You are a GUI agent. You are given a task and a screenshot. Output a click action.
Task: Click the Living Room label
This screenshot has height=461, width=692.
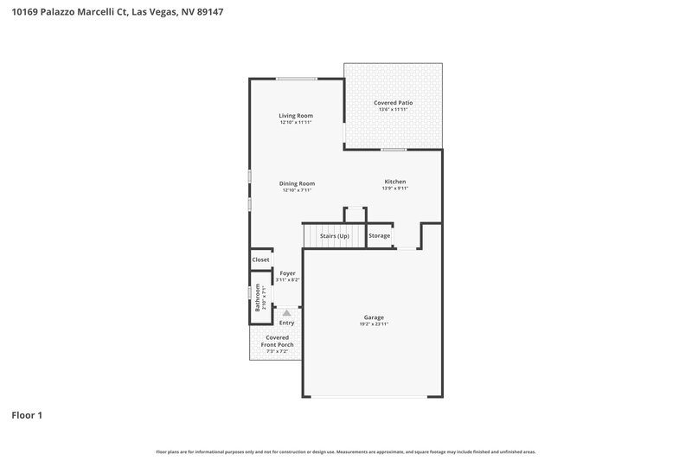pyautogui.click(x=296, y=116)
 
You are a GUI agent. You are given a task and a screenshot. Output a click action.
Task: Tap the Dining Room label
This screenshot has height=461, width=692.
pyautogui.click(x=297, y=183)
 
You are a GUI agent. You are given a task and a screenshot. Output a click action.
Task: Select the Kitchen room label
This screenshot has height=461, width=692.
pyautogui.click(x=395, y=182)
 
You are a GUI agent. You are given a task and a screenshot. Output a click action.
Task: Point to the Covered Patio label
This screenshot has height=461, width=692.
pyautogui.click(x=393, y=103)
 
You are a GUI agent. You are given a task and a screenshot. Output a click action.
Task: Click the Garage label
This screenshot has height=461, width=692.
pyautogui.click(x=374, y=317)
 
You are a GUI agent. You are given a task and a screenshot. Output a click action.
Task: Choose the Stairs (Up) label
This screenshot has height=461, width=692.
pyautogui.click(x=334, y=236)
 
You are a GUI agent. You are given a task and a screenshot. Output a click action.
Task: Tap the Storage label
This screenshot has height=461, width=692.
pyautogui.click(x=380, y=236)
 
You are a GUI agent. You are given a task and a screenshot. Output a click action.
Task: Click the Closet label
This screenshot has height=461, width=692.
pyautogui.click(x=260, y=259)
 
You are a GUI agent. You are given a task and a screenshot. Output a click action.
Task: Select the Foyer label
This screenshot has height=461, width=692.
pyautogui.click(x=287, y=273)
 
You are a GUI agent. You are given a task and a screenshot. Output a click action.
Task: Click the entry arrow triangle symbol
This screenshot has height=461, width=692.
pyautogui.click(x=286, y=312)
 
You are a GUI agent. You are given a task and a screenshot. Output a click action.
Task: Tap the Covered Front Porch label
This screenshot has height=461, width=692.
pyautogui.click(x=278, y=342)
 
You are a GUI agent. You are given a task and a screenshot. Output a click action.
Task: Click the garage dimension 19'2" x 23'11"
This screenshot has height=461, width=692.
pyautogui.click(x=374, y=324)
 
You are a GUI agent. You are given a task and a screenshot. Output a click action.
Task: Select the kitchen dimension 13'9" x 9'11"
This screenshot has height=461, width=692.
pyautogui.click(x=395, y=189)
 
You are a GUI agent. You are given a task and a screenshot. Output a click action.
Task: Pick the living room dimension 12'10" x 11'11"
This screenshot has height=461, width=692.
pyautogui.click(x=296, y=123)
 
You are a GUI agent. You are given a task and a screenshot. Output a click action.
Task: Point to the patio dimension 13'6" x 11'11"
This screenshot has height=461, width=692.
pyautogui.click(x=393, y=110)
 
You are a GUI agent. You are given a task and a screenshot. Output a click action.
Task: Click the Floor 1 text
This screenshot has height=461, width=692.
pyautogui.click(x=27, y=416)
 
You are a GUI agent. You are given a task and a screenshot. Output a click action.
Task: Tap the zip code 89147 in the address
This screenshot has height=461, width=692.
pyautogui.click(x=209, y=13)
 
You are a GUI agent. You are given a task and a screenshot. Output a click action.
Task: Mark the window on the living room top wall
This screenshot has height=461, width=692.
pyautogui.click(x=296, y=80)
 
